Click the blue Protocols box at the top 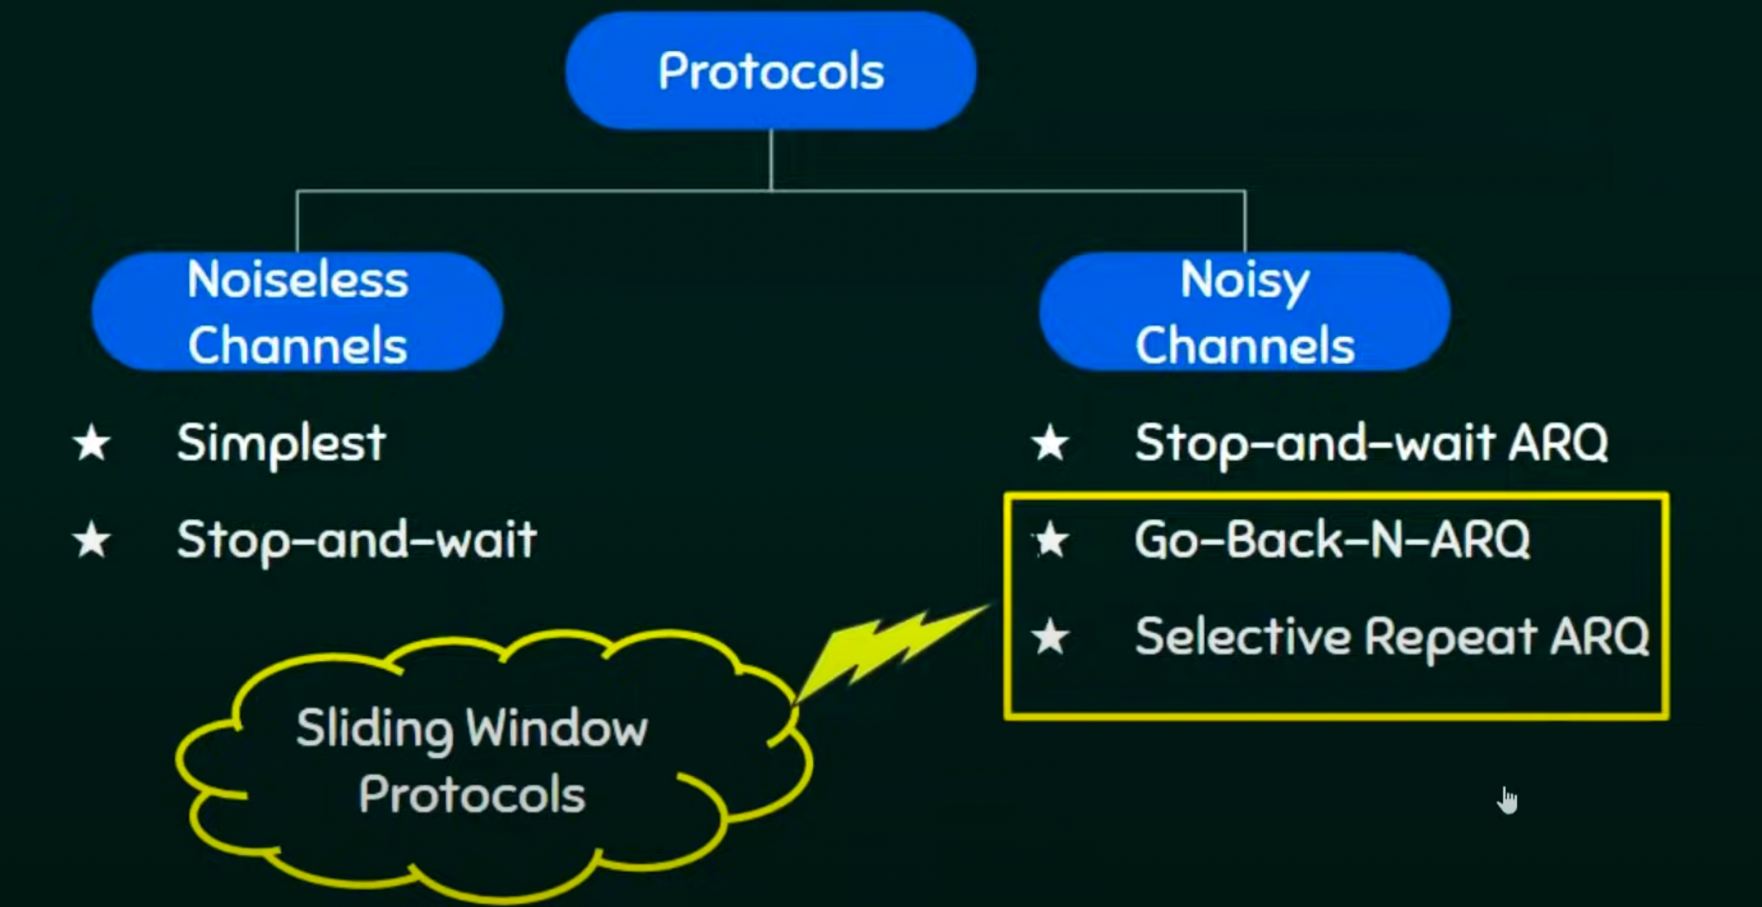[770, 71]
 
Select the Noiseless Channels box [297, 311]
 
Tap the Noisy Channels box [1244, 311]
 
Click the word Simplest [281, 443]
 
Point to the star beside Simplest [92, 443]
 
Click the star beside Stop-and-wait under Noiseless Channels [92, 540]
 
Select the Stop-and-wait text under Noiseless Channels [356, 540]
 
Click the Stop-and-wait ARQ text [1371, 443]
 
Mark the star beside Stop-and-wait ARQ [1050, 443]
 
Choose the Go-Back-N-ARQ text [1332, 540]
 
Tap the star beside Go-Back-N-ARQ [1052, 540]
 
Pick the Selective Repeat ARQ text [1391, 637]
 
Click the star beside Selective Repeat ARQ [1051, 637]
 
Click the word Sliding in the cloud [374, 730]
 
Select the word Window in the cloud [557, 730]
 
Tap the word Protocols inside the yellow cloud [472, 796]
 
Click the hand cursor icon [1508, 801]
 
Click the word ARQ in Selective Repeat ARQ [1599, 637]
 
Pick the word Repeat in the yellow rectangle [1451, 637]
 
